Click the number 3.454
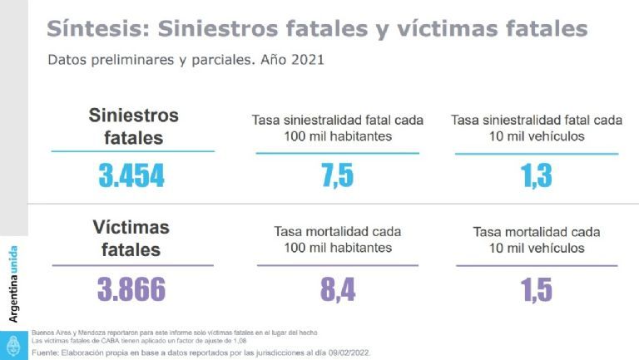131,175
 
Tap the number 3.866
131,288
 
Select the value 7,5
337,175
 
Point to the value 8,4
337,288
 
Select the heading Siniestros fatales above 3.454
133,126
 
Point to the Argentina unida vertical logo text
13,284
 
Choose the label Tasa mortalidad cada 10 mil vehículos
536,239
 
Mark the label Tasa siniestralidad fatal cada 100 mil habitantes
337,128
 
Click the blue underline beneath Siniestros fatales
133,151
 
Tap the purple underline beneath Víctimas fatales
133,265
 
